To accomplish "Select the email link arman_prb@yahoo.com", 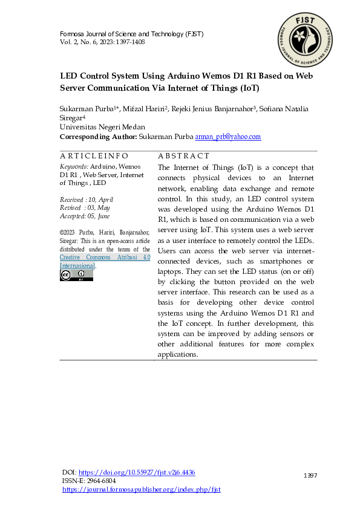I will coord(227,137).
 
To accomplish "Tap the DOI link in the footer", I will coord(137,472).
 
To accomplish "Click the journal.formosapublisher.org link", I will coord(141,489).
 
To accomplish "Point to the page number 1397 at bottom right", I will coord(310,476).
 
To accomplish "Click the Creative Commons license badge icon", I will coord(76,275).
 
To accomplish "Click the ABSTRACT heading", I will coord(183,156).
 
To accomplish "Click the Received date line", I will coord(87,199).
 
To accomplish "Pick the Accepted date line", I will coord(85,215).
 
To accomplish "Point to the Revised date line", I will coord(85,207).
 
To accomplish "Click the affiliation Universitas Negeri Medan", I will coord(102,127).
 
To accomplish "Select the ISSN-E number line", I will coord(89,481).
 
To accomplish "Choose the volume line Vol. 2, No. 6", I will coord(102,42).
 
